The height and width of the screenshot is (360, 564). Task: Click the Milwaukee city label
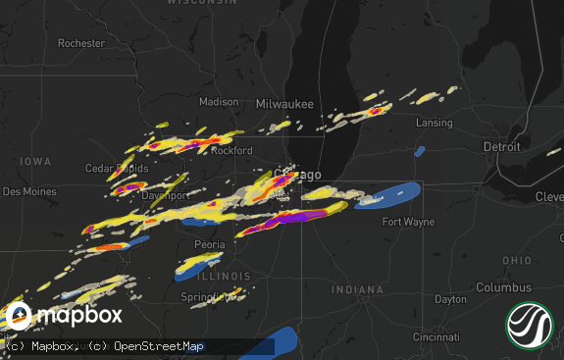(284, 104)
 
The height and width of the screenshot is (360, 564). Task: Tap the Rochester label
(80, 43)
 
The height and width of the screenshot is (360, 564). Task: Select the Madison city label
(219, 102)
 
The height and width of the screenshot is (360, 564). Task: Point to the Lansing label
(434, 124)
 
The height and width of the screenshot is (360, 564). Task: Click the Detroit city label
(501, 146)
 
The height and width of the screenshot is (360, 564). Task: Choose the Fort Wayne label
(408, 222)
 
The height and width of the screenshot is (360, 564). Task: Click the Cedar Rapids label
(117, 169)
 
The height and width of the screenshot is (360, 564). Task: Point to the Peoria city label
(210, 244)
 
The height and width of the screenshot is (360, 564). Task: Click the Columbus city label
(503, 287)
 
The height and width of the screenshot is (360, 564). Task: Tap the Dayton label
(451, 299)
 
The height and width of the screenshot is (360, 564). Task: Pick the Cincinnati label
(437, 336)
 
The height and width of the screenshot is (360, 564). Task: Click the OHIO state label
(517, 260)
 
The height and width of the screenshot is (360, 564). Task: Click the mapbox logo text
(80, 315)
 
